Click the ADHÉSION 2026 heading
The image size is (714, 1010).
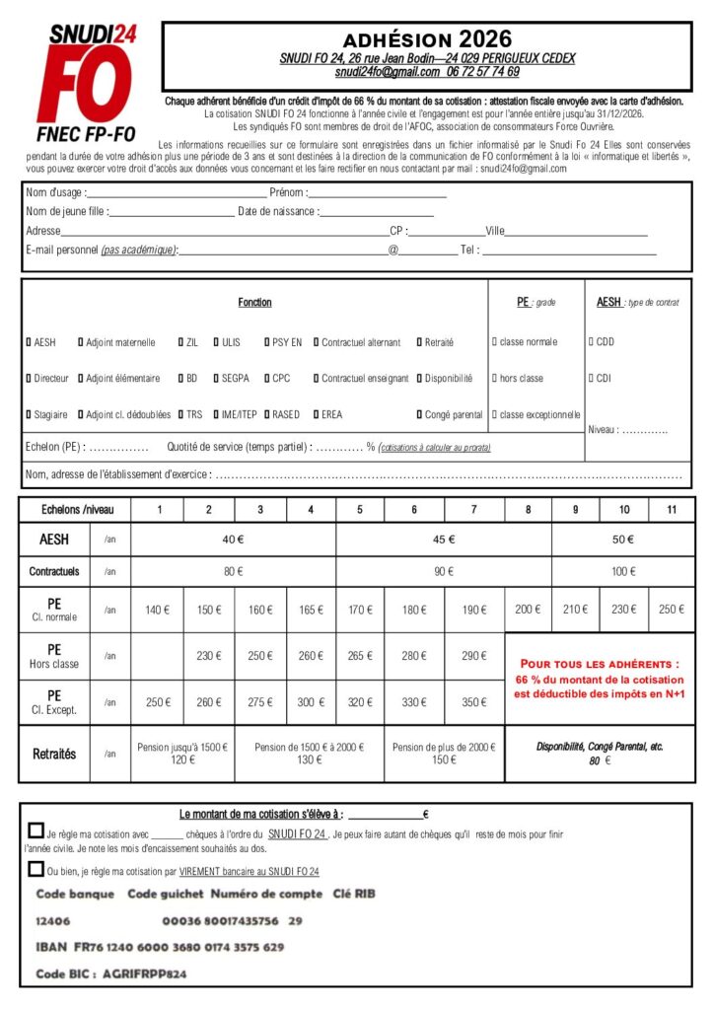pyautogui.click(x=427, y=39)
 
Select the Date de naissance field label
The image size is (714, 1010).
pyautogui.click(x=277, y=211)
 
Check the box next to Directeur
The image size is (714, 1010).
pyautogui.click(x=28, y=378)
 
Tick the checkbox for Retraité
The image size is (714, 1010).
pyautogui.click(x=418, y=342)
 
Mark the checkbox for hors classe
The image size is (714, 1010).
pyautogui.click(x=494, y=378)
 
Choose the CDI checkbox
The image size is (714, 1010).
pyautogui.click(x=591, y=378)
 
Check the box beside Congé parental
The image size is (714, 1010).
pyautogui.click(x=418, y=414)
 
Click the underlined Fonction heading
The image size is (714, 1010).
pyautogui.click(x=254, y=302)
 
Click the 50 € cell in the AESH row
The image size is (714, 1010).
pyautogui.click(x=622, y=540)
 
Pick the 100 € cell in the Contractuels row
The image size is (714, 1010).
pyautogui.click(x=622, y=571)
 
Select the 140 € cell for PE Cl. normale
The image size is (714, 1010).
pyautogui.click(x=157, y=610)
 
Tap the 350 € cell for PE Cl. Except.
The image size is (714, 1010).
pyautogui.click(x=473, y=702)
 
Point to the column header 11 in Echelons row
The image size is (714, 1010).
pyautogui.click(x=672, y=510)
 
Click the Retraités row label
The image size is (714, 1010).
pyautogui.click(x=54, y=754)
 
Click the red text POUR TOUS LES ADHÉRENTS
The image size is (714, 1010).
pyautogui.click(x=600, y=664)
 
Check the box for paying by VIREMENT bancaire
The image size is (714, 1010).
pyautogui.click(x=36, y=869)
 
